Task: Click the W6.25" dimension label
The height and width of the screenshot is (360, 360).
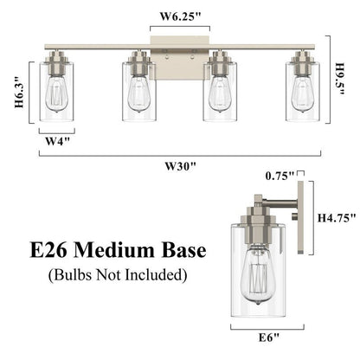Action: tap(179, 15)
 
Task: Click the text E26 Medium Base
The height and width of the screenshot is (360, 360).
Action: tap(106, 251)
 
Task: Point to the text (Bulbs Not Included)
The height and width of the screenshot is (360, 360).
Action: tap(106, 276)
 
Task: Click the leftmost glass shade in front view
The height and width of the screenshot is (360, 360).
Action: tap(55, 93)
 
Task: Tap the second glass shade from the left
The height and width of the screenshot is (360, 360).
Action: tap(138, 93)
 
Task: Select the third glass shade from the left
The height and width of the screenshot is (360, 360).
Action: tap(221, 93)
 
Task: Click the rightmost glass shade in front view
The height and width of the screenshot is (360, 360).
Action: tap(303, 93)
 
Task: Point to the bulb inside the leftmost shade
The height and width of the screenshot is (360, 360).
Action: tap(55, 95)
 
